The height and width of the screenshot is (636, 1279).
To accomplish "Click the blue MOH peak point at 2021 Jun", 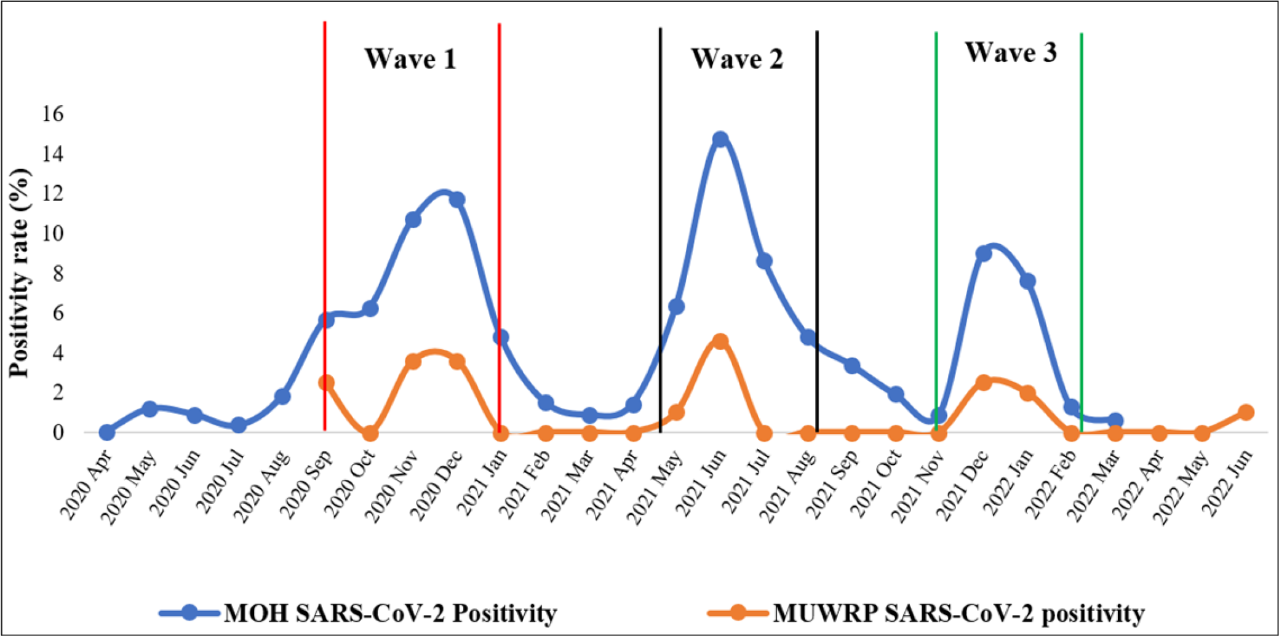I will tap(720, 139).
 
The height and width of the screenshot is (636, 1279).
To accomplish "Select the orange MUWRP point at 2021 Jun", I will tap(720, 341).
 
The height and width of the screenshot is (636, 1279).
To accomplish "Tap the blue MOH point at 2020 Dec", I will tap(456, 200).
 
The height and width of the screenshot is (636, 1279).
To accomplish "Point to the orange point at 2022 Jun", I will tap(1246, 412).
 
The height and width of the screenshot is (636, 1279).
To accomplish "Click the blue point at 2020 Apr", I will tap(106, 432).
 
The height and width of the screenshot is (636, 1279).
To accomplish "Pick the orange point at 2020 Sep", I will tap(326, 383).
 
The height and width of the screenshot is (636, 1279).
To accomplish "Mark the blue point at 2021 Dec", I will tap(983, 253).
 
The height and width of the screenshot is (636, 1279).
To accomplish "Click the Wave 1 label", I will tap(410, 59).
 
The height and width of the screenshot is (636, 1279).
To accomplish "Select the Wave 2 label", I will tap(737, 59).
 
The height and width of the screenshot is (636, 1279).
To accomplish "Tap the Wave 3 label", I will tap(1011, 53).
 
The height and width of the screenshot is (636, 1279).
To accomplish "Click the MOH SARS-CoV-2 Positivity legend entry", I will tap(389, 613).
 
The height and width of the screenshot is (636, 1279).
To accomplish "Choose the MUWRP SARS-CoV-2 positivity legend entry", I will tap(958, 613).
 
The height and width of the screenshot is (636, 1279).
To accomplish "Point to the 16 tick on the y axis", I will tap(52, 114).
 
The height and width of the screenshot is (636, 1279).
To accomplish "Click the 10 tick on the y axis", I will tap(52, 233).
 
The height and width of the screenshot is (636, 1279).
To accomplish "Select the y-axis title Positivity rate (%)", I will tap(20, 272).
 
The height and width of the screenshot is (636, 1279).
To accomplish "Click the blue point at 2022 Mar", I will tap(1115, 421).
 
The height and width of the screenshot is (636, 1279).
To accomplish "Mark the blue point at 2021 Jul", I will tap(764, 261).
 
